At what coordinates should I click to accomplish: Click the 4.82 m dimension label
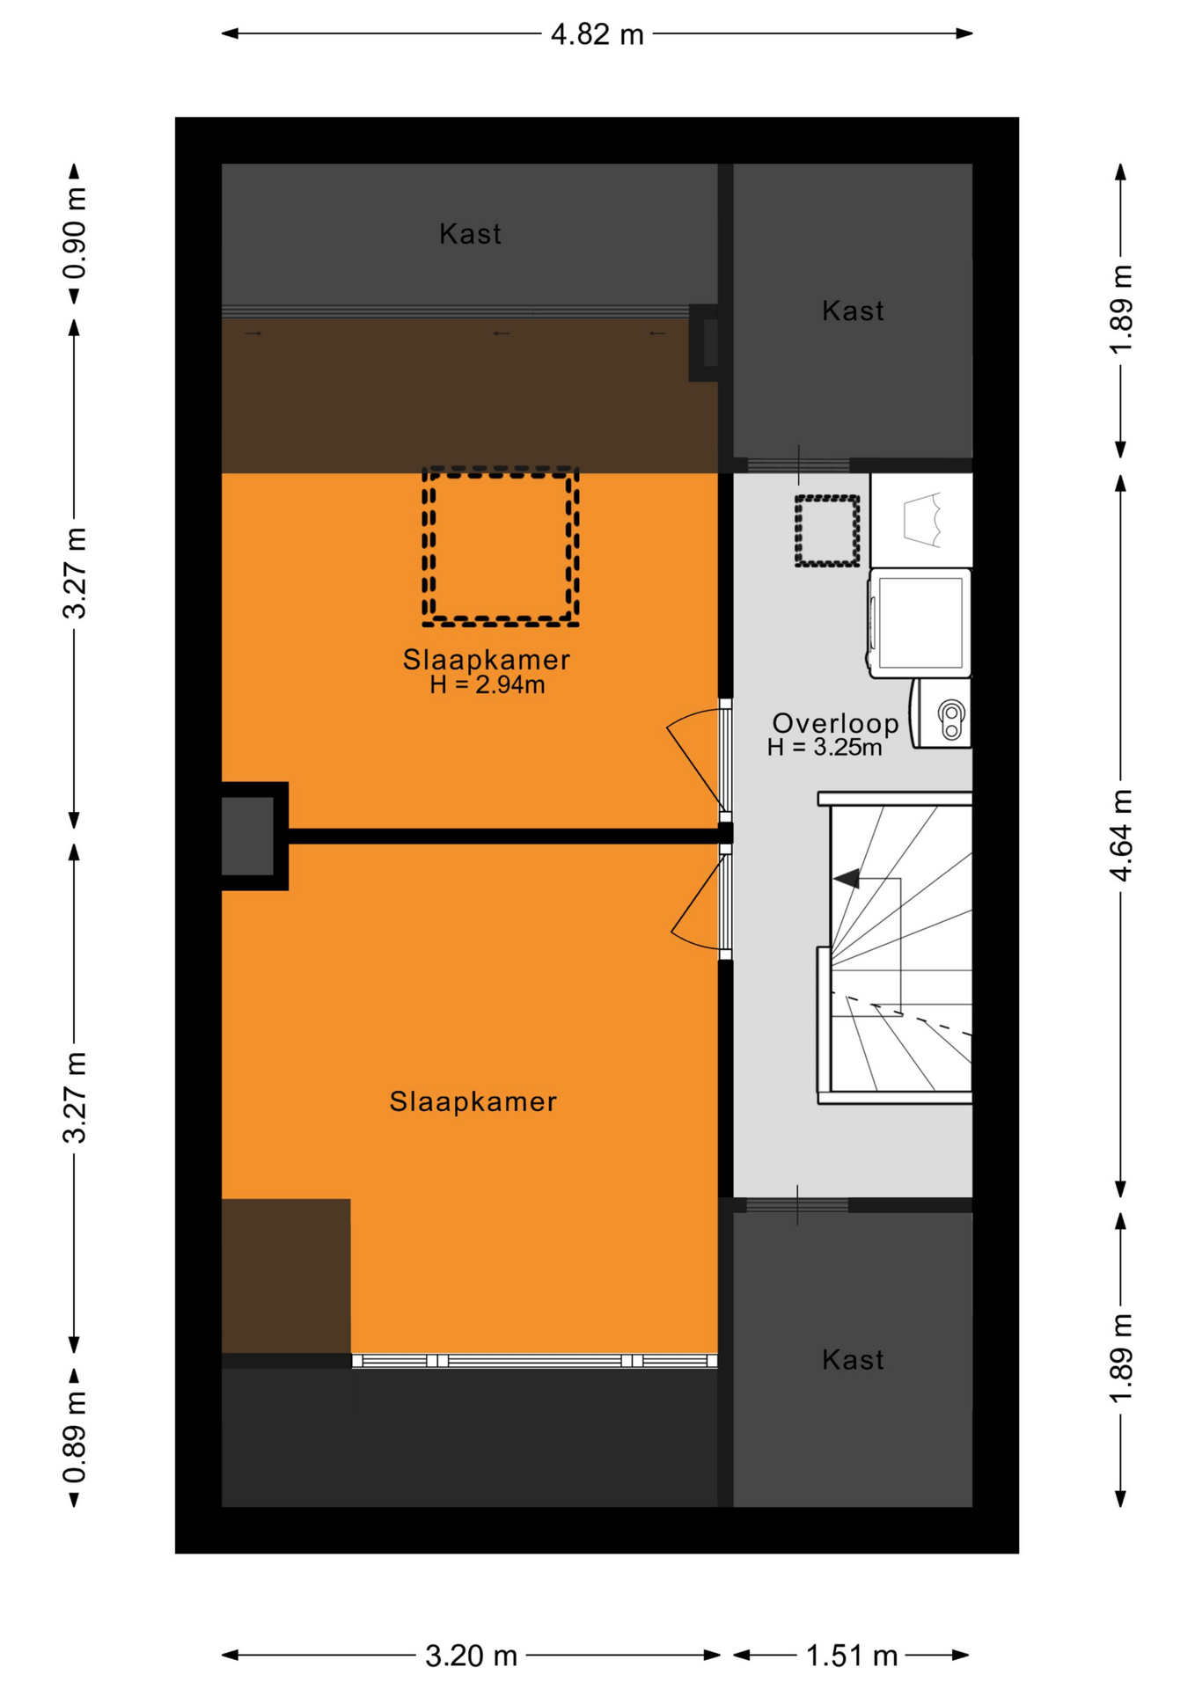(x=597, y=34)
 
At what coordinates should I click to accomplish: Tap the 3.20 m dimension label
(x=472, y=1656)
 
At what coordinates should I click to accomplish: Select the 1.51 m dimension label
(x=852, y=1656)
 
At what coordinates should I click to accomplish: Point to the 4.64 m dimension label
(x=1121, y=836)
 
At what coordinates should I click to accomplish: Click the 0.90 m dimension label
(x=75, y=233)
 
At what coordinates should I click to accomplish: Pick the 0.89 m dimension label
(x=75, y=1437)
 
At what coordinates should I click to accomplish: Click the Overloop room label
(x=835, y=723)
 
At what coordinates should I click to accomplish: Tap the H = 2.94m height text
(x=487, y=684)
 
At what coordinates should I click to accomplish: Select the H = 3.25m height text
(x=825, y=748)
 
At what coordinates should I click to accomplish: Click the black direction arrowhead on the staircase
(x=846, y=878)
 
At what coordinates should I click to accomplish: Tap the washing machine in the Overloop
(x=920, y=623)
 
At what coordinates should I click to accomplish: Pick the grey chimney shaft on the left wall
(x=248, y=836)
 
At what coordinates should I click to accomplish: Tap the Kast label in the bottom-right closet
(x=853, y=1360)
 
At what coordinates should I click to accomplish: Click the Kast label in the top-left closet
(x=470, y=234)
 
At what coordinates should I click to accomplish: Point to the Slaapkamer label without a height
(x=473, y=1101)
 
